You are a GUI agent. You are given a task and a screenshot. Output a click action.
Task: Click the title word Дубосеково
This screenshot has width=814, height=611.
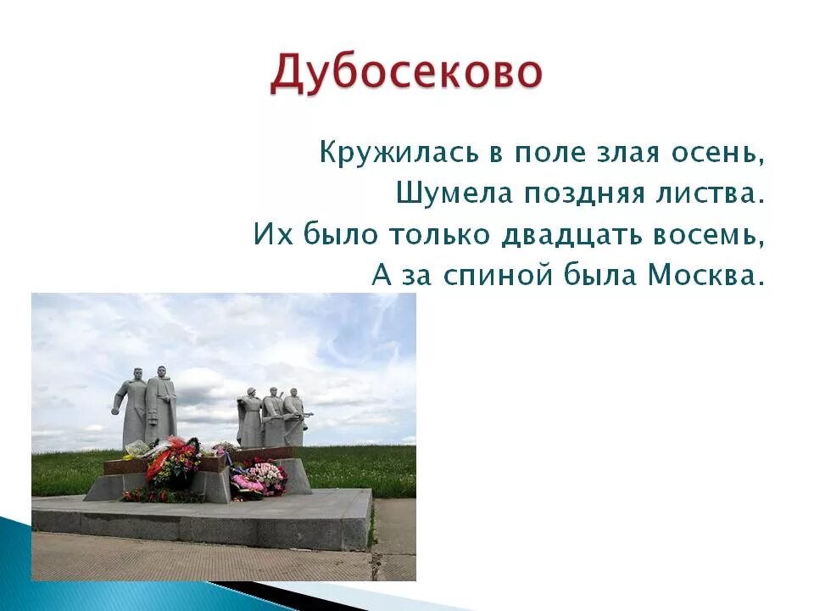(x=405, y=74)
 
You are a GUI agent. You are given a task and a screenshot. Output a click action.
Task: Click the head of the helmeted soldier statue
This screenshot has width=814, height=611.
(x=251, y=392)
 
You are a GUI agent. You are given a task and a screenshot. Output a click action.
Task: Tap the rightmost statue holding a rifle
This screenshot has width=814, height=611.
(x=293, y=416)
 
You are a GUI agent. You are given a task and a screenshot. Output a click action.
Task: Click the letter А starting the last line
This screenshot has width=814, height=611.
(x=379, y=275)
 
